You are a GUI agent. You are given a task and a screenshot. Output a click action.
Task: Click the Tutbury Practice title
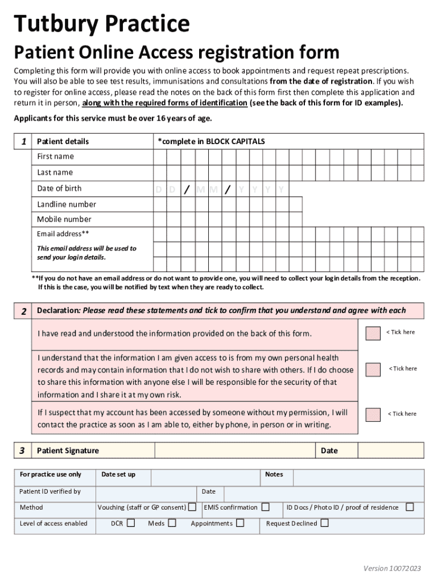(102, 24)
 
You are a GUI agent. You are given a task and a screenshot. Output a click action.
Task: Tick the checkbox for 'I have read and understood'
(373, 333)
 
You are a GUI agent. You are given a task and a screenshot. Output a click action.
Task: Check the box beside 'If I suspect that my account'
(373, 414)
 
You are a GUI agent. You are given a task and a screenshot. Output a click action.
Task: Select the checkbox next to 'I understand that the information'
(373, 369)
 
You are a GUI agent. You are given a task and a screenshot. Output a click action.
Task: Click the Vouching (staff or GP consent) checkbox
(193, 507)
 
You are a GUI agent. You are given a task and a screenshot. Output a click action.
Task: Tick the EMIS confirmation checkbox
(265, 507)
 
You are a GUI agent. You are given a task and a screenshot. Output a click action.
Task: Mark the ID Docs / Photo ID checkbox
(410, 507)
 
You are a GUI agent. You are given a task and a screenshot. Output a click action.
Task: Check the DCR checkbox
(131, 523)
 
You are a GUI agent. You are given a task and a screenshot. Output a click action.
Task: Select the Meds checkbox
(172, 523)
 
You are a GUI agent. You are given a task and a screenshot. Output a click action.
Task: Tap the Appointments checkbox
(240, 523)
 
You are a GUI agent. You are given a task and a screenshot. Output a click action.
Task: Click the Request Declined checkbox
(324, 523)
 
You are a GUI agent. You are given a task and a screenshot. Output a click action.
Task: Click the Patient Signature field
(235, 450)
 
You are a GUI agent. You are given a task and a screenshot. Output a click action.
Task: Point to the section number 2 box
(23, 311)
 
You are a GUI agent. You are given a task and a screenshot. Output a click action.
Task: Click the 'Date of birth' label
(59, 188)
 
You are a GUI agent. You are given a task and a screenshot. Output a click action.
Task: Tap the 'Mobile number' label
(64, 219)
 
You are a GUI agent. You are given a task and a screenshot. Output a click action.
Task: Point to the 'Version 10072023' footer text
(392, 568)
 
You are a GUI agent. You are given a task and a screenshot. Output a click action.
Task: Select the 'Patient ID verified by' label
(50, 491)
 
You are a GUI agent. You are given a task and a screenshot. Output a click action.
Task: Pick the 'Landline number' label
(67, 204)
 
